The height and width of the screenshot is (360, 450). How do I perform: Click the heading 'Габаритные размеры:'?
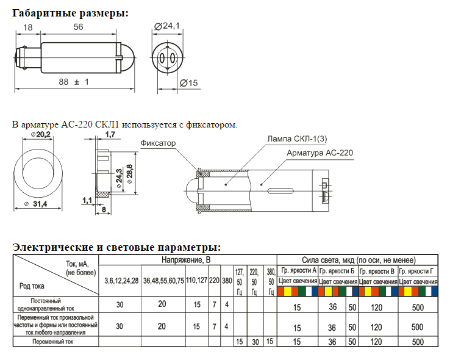(x=70, y=13)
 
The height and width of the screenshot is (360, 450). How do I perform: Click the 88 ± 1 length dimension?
(x=74, y=82)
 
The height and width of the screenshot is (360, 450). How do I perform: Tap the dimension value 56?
(x=78, y=27)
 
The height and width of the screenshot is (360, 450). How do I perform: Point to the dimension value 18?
(x=27, y=27)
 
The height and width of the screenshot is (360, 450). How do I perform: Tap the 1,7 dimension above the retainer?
(x=110, y=134)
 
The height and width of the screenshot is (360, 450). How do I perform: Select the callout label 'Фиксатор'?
(x=158, y=143)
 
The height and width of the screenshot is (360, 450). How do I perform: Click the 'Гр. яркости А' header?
(x=298, y=270)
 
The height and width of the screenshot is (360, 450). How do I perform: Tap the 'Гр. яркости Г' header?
(x=418, y=270)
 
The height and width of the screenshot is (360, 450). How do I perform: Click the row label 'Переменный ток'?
(x=55, y=342)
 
